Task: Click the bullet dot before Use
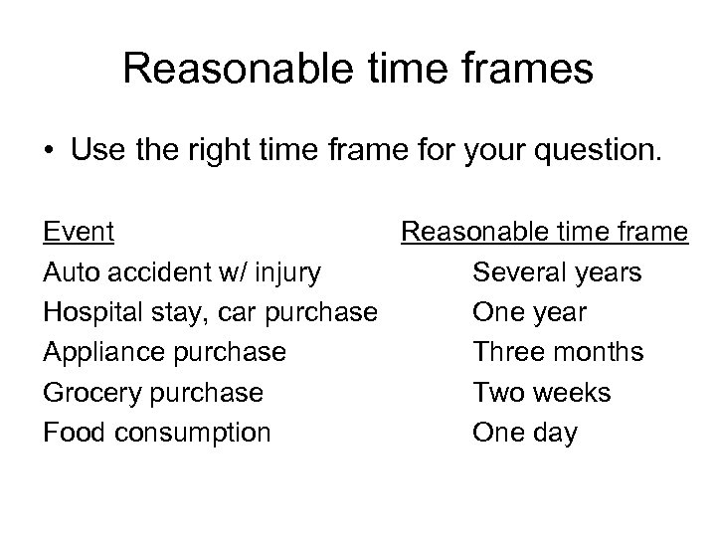49,151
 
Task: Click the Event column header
79,232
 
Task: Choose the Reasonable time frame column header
544,232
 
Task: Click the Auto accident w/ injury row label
181,271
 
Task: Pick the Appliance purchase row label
164,352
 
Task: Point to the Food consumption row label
156,432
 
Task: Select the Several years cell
557,271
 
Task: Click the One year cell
529,312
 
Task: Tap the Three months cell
558,352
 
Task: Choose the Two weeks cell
542,392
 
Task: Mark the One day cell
524,432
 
